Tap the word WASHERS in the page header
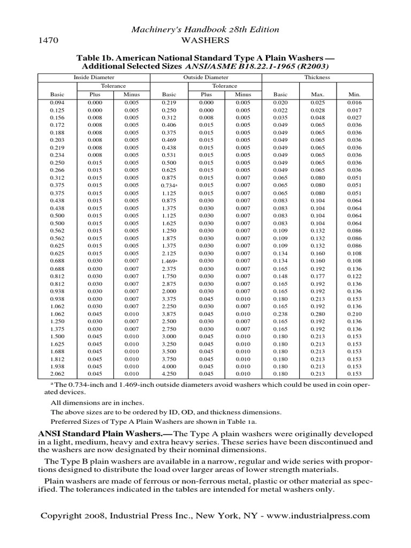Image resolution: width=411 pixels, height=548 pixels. pos(206,41)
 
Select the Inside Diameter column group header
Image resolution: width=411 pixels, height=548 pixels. pos(94,77)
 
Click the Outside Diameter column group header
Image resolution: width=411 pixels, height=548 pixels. pos(205,77)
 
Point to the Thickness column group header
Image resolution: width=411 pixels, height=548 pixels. pos(317,77)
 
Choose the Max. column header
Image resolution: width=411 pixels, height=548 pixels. pos(317,94)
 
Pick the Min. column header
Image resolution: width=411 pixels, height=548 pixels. pos(354,94)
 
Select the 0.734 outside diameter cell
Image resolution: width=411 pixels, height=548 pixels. pos(169,186)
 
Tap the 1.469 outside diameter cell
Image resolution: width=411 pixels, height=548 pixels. pos(169,261)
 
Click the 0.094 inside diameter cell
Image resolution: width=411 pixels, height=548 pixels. pos(57,102)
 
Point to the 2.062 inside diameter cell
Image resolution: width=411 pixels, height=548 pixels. pos(57,374)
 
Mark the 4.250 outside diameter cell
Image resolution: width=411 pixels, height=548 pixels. pos(169,374)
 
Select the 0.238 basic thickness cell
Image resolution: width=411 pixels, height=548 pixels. pos(280,314)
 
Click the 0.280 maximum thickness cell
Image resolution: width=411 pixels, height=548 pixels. pos(317,314)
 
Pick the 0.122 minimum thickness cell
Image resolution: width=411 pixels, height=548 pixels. pos(354,276)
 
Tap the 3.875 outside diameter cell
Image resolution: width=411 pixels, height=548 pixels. pos(169,314)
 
